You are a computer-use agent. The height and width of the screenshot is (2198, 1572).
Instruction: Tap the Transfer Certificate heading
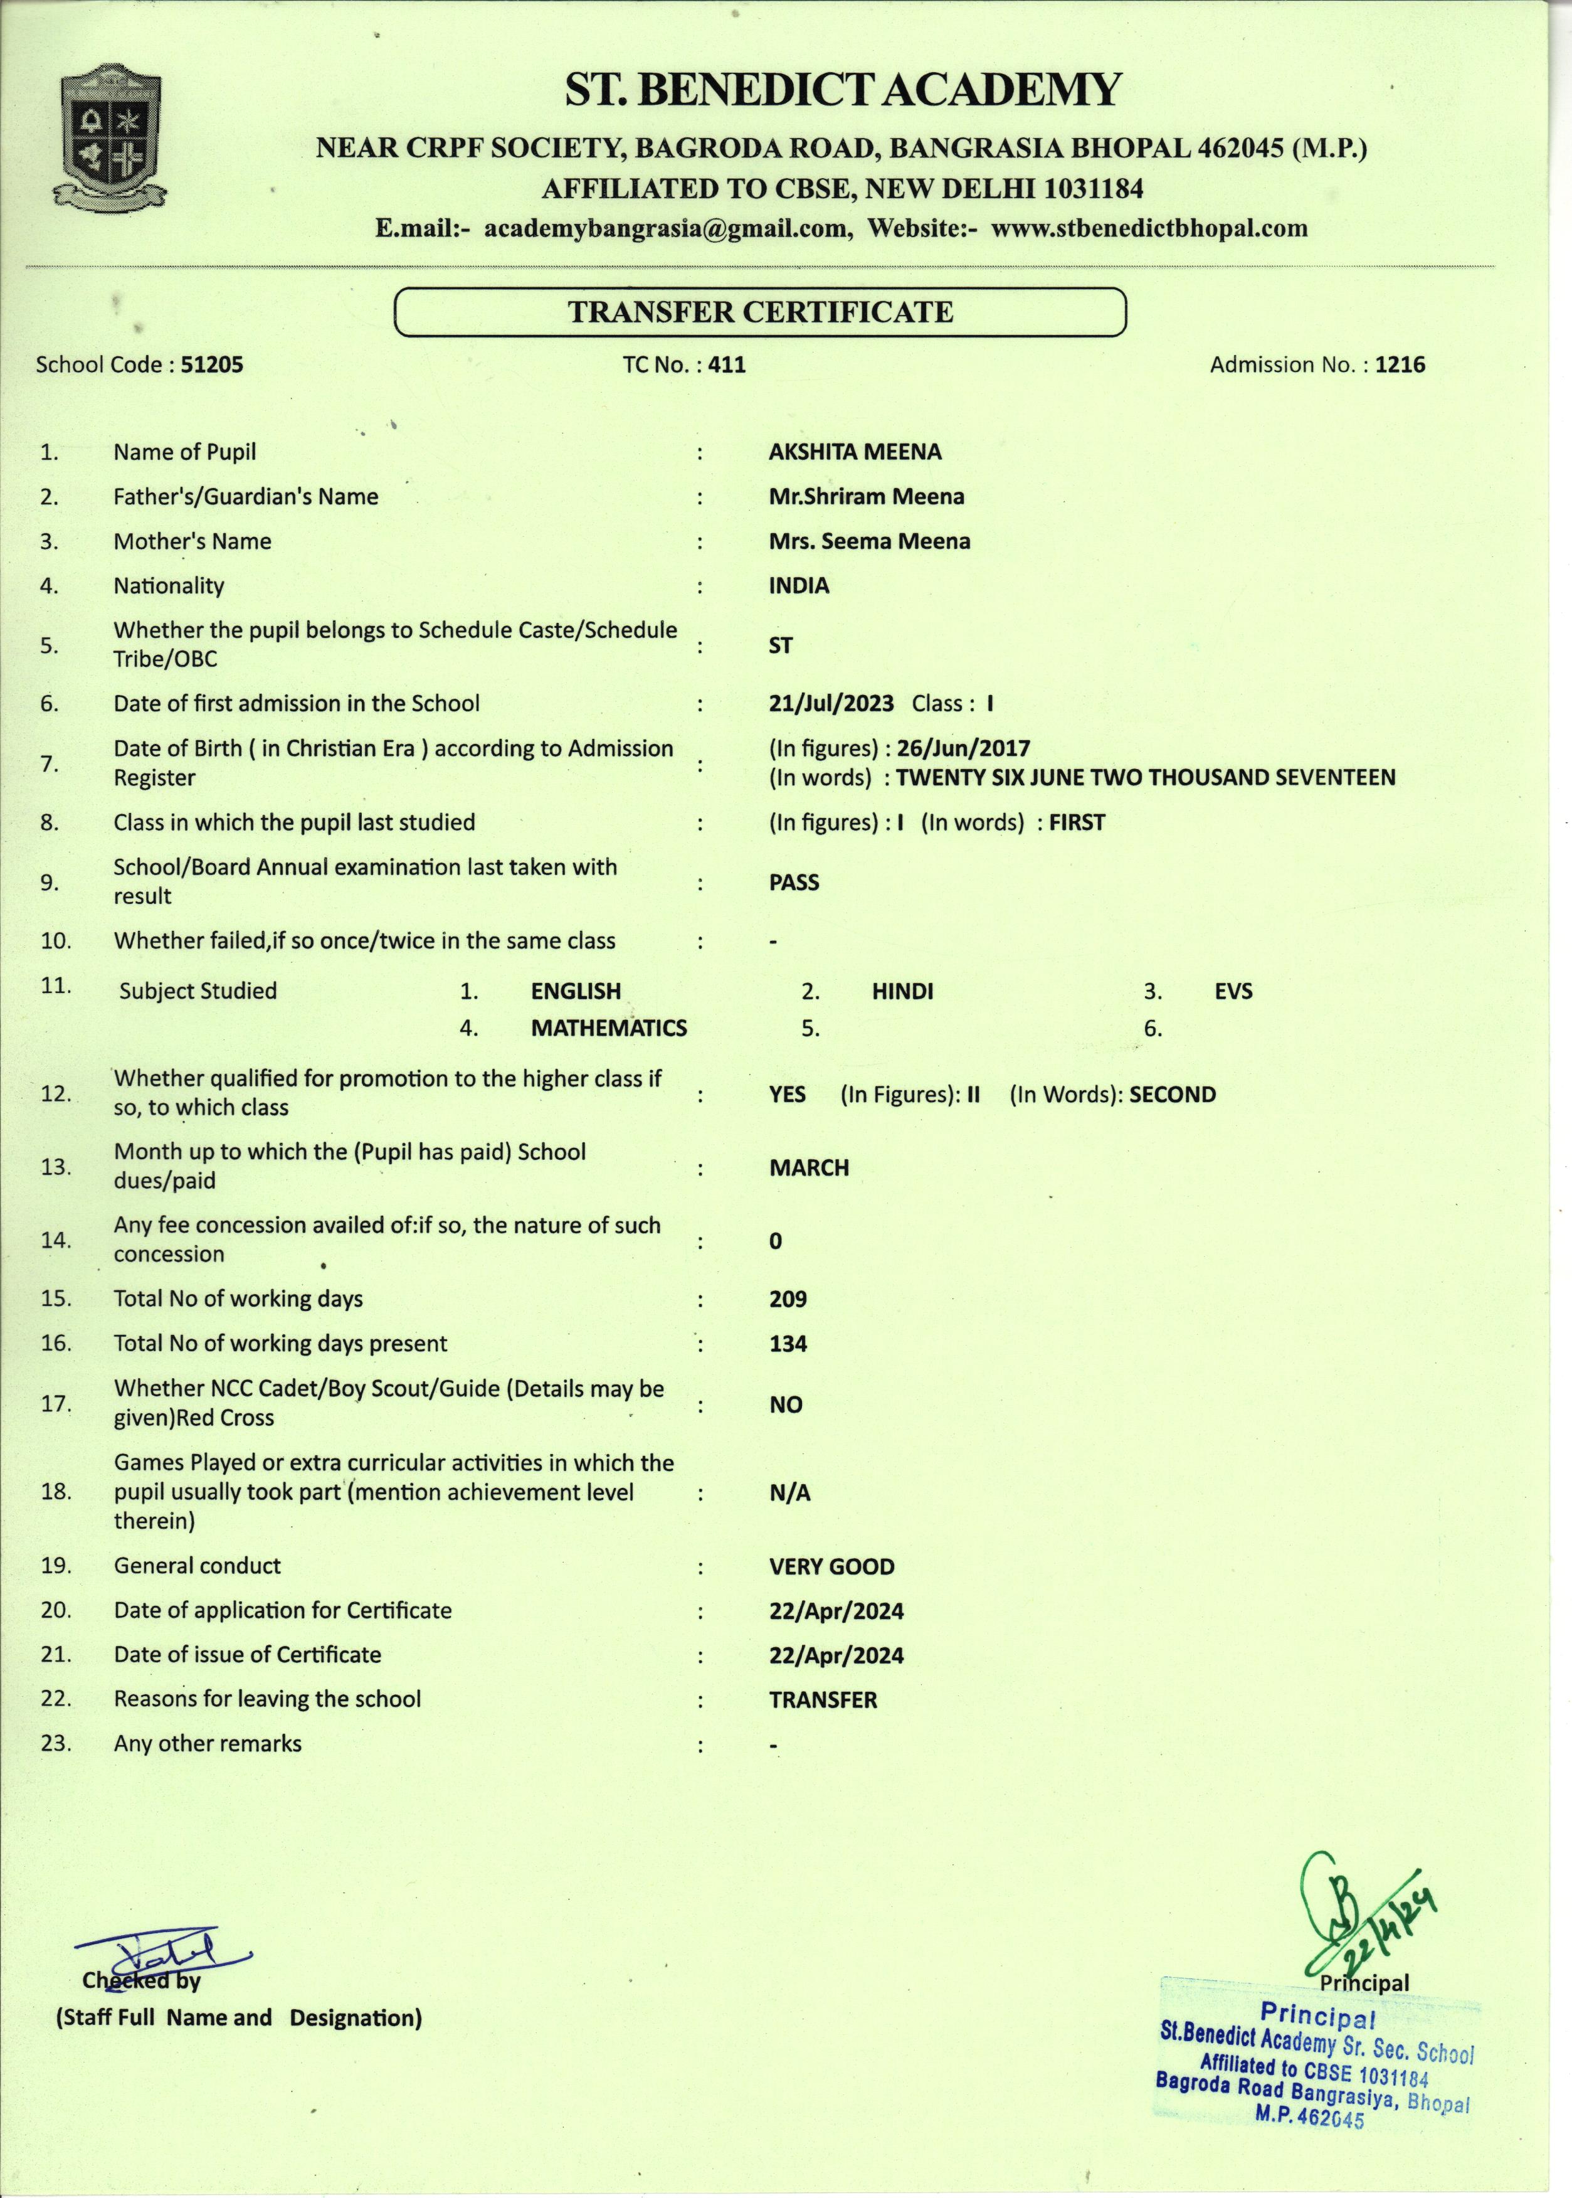coord(760,312)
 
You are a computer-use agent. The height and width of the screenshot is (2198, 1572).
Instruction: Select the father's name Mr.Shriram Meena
coord(867,497)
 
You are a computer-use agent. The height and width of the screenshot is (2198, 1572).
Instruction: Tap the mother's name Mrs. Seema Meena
coord(869,541)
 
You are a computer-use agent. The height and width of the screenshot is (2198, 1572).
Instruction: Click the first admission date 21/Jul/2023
coord(831,704)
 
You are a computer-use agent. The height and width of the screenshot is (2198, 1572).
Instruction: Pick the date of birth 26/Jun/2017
coord(963,748)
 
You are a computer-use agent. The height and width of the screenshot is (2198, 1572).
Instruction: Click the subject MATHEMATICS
coord(609,1028)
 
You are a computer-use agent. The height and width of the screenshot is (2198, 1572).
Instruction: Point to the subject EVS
coord(1233,992)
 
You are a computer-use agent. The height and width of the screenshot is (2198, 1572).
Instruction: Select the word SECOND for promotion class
coord(1172,1095)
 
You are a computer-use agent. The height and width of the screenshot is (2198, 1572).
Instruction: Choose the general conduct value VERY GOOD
coord(831,1567)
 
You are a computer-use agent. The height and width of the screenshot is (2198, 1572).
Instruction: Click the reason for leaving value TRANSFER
coord(823,1701)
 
